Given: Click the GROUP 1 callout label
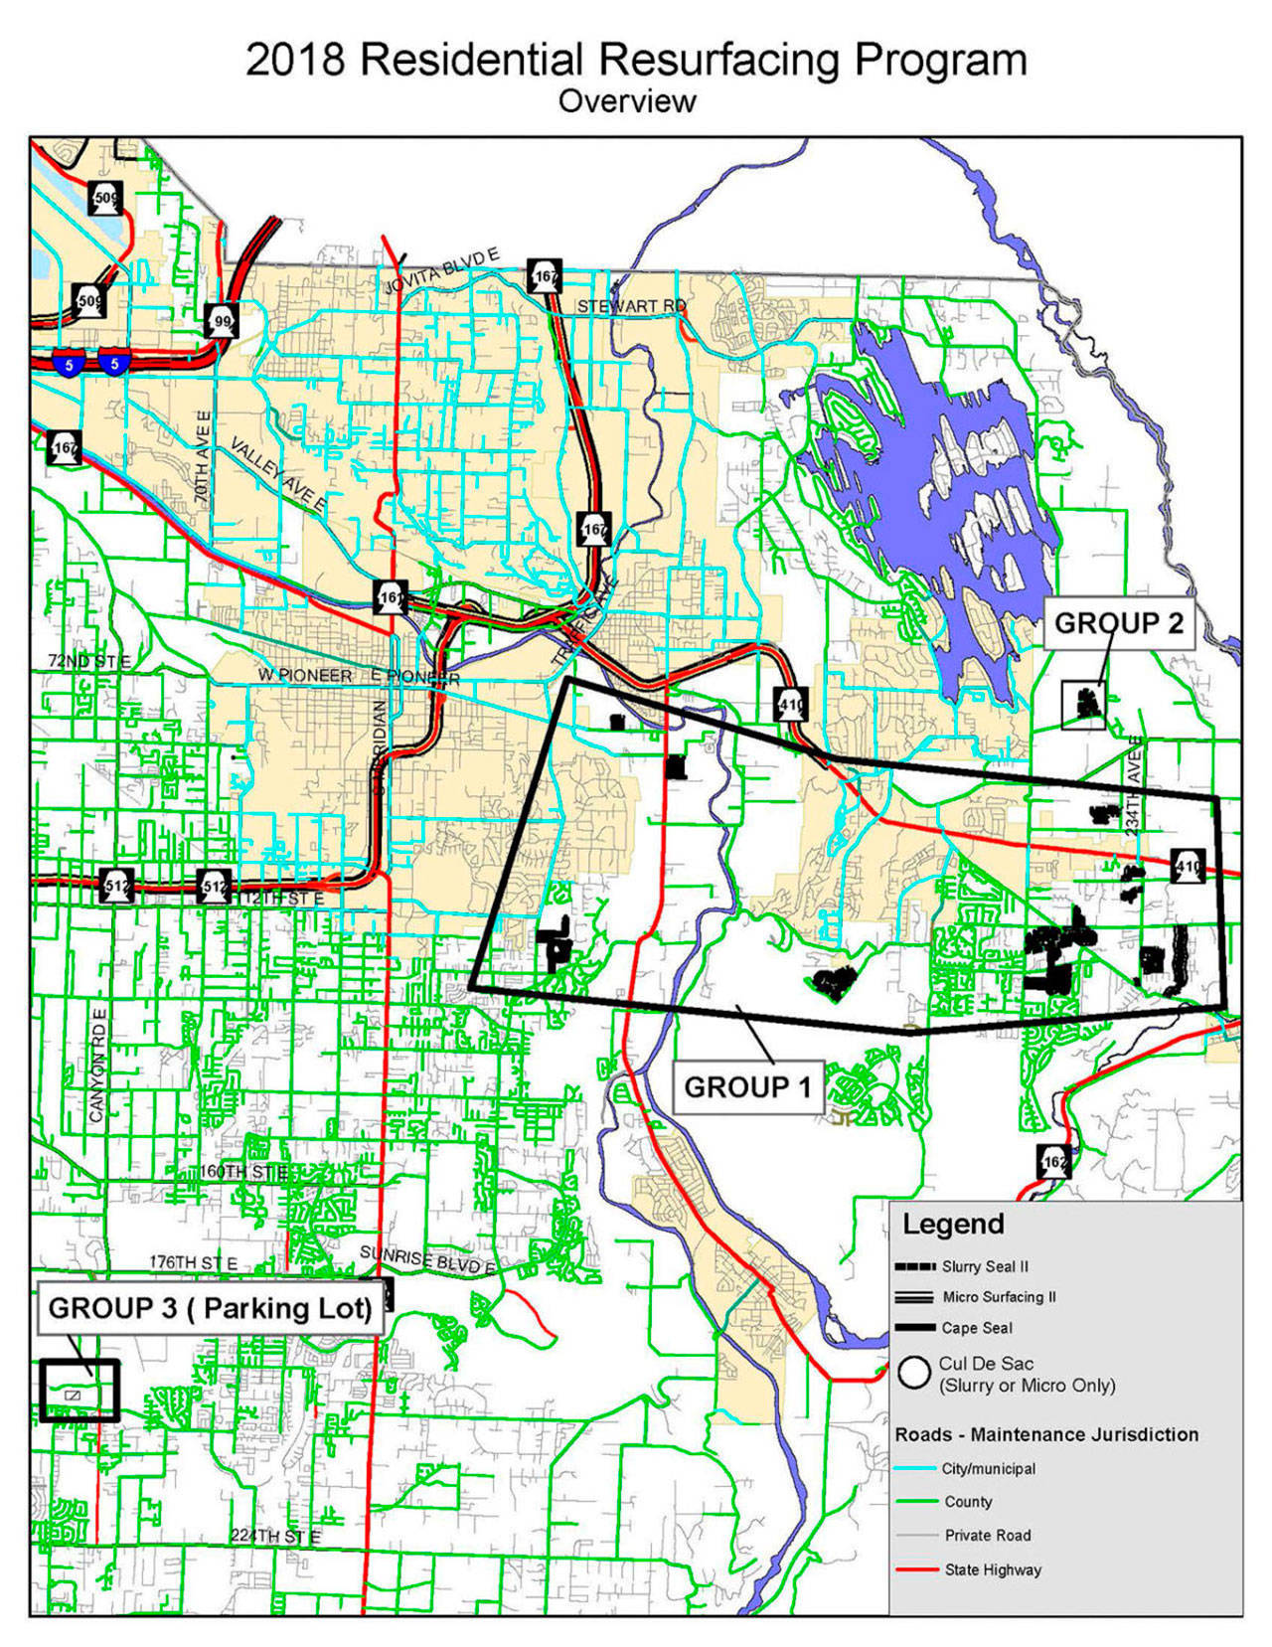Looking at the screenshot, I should (747, 1086).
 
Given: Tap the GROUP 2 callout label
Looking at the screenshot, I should (1118, 623).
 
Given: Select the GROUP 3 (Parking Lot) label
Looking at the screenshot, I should (210, 1308).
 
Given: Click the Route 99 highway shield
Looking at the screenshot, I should (222, 321).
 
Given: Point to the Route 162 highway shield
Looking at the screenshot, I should (1054, 1161).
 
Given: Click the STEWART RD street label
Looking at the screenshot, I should (631, 306).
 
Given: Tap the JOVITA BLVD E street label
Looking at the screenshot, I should (442, 271).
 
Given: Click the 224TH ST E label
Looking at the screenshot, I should (275, 1536).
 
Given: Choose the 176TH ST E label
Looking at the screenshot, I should (194, 1262).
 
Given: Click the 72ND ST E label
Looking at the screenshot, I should (89, 660).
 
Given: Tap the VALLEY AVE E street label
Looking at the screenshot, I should (278, 477).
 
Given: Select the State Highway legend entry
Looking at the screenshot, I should (992, 1569).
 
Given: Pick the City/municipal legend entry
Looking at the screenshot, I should (988, 1468).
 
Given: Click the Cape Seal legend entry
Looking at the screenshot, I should (977, 1328).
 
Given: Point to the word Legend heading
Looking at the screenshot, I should (953, 1224).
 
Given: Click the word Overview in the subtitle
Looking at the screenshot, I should (627, 101).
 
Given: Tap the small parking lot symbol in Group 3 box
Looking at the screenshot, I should (72, 1395).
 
